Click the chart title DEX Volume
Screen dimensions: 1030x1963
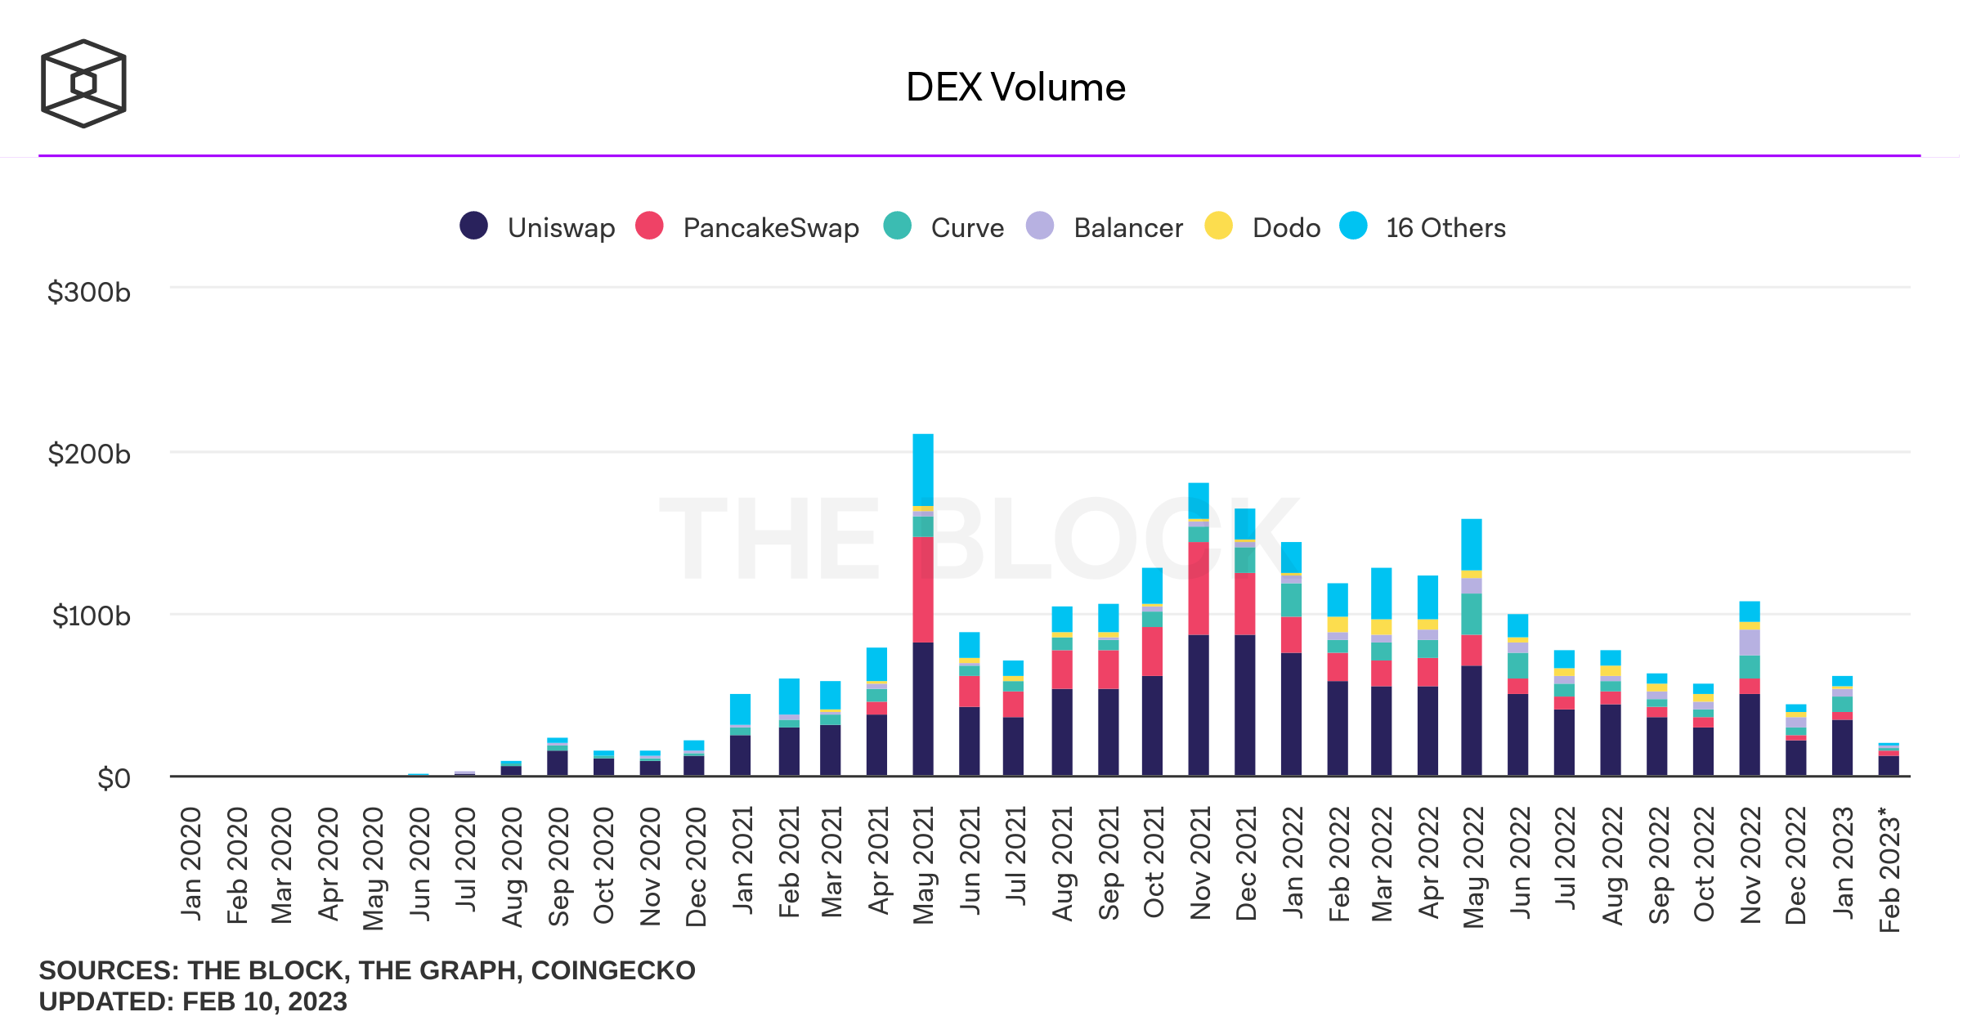1015,87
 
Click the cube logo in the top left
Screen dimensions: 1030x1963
83,83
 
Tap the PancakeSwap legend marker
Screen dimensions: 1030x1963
649,226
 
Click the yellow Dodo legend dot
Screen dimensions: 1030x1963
1218,226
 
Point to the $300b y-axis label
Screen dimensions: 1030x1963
89,292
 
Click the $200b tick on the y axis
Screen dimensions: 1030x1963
89,454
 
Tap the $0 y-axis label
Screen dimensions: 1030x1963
114,778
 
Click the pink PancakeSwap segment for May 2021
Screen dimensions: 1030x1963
923,589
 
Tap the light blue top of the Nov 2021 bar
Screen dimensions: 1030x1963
1199,499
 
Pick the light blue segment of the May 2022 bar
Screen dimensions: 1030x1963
1472,544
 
